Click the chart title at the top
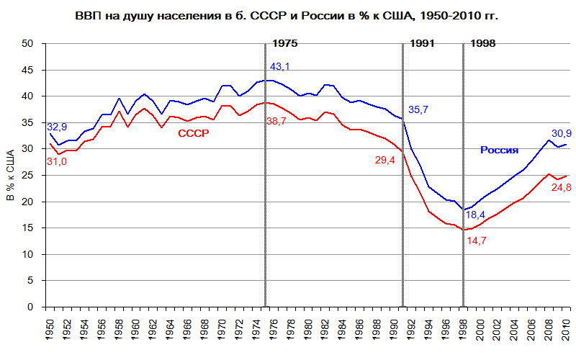click(x=287, y=15)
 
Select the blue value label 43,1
click(x=280, y=68)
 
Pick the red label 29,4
click(x=386, y=160)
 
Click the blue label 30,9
click(x=561, y=133)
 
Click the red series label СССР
click(x=193, y=133)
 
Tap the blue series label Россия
click(x=500, y=150)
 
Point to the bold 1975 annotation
click(x=284, y=43)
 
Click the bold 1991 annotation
click(x=423, y=43)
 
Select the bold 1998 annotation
click(x=483, y=43)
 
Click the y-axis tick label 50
click(x=28, y=43)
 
